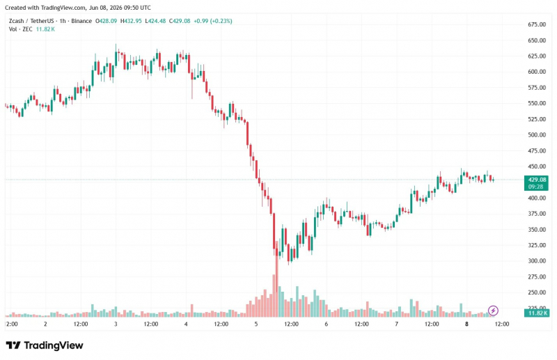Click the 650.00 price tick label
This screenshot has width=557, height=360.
(x=537, y=40)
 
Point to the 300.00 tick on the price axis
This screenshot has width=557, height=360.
(x=537, y=260)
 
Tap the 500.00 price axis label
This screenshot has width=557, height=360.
(x=537, y=134)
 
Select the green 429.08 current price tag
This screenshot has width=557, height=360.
(x=537, y=180)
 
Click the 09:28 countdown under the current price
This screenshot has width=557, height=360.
(x=535, y=187)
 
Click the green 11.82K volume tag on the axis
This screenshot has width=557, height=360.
(x=536, y=313)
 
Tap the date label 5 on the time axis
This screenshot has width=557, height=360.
(x=256, y=324)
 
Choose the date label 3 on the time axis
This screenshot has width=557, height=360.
(x=116, y=324)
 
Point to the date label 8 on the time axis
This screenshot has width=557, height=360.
(x=466, y=324)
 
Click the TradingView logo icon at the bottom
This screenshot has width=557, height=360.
(x=13, y=345)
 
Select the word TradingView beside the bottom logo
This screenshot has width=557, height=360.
(x=54, y=345)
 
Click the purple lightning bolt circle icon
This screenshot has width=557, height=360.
(x=493, y=311)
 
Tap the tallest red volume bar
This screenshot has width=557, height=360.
(x=276, y=279)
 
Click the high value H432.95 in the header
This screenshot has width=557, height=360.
(x=131, y=21)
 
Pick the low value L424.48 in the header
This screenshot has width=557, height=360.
(x=155, y=21)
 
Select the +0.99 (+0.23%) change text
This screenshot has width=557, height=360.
(x=213, y=21)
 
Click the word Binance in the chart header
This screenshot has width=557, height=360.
(x=81, y=21)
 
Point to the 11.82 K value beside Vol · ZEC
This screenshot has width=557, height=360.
(x=45, y=29)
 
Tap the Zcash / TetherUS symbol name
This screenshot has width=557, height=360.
(x=31, y=21)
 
